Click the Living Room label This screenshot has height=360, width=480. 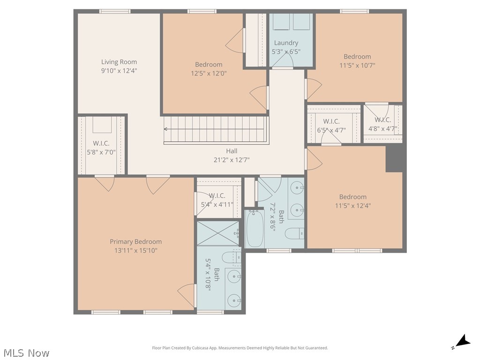pyautogui.click(x=119, y=62)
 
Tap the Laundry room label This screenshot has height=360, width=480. pyautogui.click(x=286, y=43)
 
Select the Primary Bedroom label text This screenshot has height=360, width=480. pyautogui.click(x=135, y=242)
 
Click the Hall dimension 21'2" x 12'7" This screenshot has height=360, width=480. pyautogui.click(x=232, y=160)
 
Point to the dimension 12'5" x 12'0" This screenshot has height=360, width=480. pyautogui.click(x=209, y=73)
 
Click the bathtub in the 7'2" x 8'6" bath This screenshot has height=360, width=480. pyautogui.click(x=255, y=229)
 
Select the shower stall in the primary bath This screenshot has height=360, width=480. pyautogui.click(x=218, y=233)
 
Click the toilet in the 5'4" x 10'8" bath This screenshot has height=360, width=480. pyautogui.click(x=230, y=258)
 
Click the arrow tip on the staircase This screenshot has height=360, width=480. pyautogui.click(x=165, y=129)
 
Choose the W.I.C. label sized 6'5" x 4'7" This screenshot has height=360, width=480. pyautogui.click(x=331, y=122)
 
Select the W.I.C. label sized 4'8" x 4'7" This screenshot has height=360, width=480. pyautogui.click(x=382, y=120)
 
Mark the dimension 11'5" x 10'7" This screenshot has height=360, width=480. pyautogui.click(x=357, y=65)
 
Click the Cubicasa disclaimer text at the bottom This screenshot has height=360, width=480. pyautogui.click(x=240, y=348)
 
